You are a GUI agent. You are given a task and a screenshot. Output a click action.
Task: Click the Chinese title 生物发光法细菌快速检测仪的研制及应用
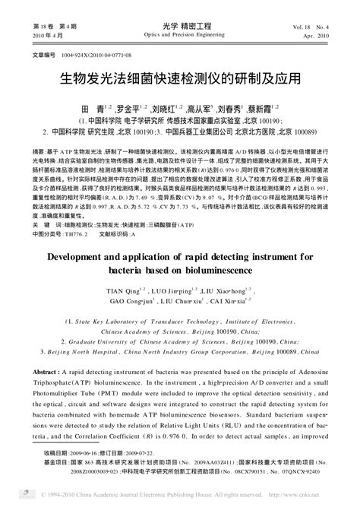pos(180,78)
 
